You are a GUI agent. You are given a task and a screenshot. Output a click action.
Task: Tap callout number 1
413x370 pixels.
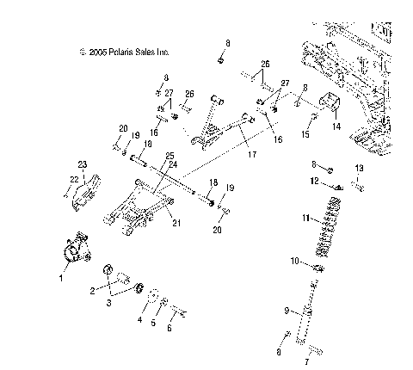tap(61, 279)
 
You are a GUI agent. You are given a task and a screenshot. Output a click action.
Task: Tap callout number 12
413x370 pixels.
tap(316, 180)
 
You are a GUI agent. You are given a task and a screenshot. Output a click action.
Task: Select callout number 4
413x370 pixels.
tap(141, 319)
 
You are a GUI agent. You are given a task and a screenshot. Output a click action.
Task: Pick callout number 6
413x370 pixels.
tap(170, 328)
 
